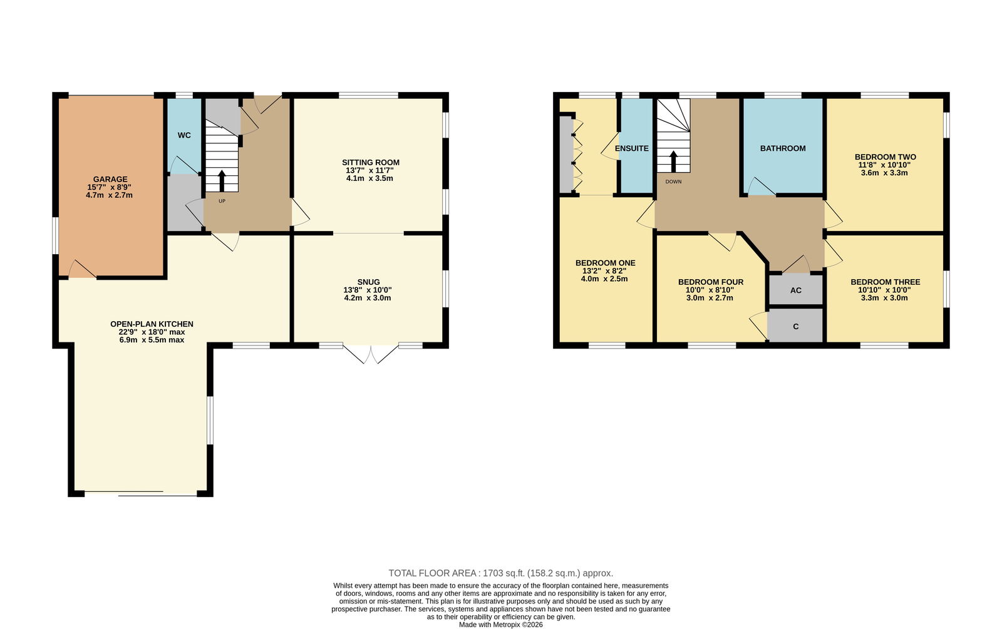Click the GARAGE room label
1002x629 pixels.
click(110, 179)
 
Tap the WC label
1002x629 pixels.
click(184, 135)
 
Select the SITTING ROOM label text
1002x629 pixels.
click(370, 163)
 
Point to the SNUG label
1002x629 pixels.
click(369, 282)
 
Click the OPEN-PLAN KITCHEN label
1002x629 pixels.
click(152, 324)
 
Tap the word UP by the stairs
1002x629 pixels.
click(222, 201)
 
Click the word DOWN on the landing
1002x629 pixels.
click(673, 182)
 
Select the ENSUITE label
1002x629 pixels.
click(632, 148)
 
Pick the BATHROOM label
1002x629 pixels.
click(783, 148)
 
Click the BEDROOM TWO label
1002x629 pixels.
click(886, 157)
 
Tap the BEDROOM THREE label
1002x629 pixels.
click(886, 282)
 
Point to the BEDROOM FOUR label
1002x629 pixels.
click(711, 282)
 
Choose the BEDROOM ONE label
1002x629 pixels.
click(605, 263)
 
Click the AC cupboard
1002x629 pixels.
click(796, 290)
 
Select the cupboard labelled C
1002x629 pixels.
click(796, 326)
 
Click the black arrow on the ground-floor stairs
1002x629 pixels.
click(222, 181)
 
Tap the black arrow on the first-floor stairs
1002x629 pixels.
click(673, 161)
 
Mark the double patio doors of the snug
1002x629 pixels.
click(370, 353)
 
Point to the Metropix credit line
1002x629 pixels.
click(501, 625)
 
